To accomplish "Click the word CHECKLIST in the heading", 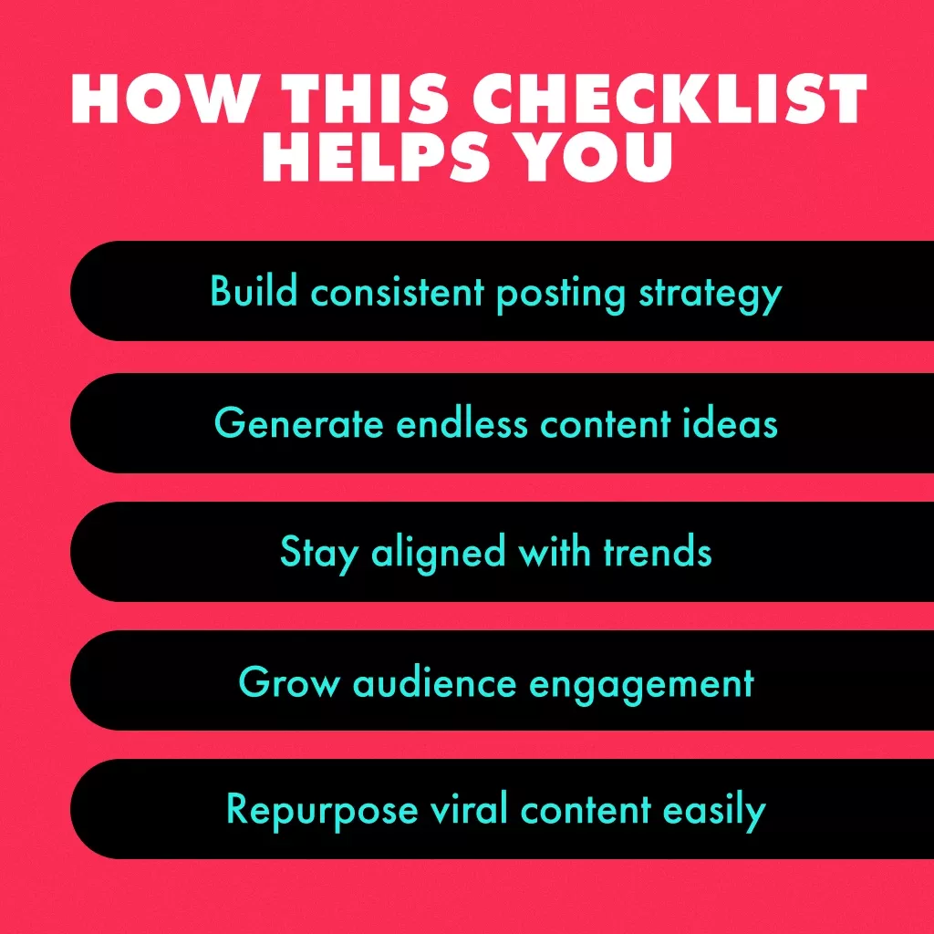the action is tap(669, 99).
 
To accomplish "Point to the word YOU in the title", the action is tap(597, 156).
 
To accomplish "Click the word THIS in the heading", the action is tap(365, 99).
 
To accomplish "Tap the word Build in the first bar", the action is tap(254, 291).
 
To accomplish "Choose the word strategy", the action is tap(710, 295).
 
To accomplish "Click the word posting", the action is tap(561, 295).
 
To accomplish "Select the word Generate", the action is tap(298, 423).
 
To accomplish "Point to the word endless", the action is tap(462, 423).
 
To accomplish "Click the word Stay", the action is tap(318, 554).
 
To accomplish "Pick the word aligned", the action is tap(439, 554).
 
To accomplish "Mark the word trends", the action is tap(658, 551).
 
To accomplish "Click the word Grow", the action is tap(289, 681).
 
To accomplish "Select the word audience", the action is tap(435, 681).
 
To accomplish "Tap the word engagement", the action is tap(641, 685).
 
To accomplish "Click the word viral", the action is tap(469, 809).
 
